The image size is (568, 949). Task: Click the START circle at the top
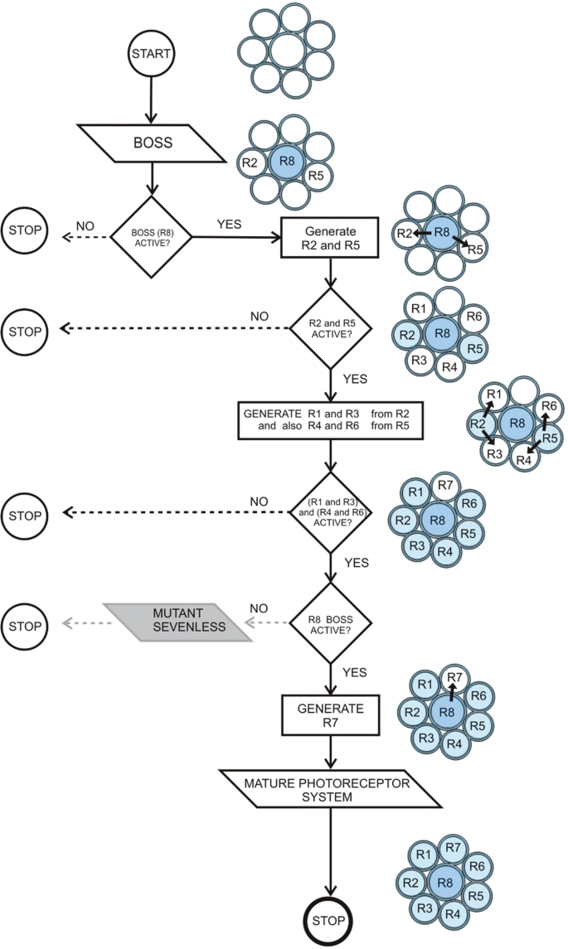[150, 54]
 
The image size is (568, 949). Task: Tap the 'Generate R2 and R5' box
[330, 237]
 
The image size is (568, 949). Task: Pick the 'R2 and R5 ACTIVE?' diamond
[330, 328]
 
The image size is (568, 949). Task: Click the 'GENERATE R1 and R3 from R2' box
[330, 420]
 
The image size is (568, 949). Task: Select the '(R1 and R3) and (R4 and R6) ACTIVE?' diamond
[330, 513]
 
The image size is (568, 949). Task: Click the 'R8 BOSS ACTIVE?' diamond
[330, 621]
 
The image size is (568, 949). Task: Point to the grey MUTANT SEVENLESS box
[177, 621]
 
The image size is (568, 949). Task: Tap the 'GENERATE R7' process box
[330, 715]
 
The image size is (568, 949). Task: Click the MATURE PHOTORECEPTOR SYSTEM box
[330, 787]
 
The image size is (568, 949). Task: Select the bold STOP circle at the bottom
[330, 922]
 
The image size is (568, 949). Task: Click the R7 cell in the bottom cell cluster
[453, 846]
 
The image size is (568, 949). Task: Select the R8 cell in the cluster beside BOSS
[288, 163]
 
